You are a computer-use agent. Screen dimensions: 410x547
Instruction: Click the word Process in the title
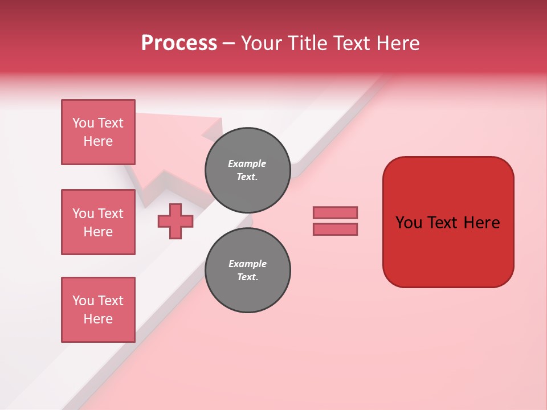(x=179, y=43)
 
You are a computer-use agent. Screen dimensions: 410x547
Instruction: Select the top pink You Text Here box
(x=98, y=132)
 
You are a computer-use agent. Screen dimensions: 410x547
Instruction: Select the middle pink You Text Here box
(x=98, y=222)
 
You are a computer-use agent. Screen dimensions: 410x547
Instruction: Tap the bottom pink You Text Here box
(x=98, y=310)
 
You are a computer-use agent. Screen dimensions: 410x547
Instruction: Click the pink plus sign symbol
(x=175, y=221)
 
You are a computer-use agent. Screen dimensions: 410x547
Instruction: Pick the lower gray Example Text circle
(x=247, y=270)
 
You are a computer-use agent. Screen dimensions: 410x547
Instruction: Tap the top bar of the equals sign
(x=335, y=213)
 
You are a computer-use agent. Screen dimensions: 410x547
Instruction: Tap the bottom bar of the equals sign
(x=335, y=229)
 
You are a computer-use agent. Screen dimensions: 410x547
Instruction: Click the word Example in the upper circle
(x=247, y=163)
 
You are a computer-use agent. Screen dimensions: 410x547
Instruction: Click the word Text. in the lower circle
(x=247, y=277)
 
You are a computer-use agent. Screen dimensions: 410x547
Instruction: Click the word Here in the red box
(x=481, y=223)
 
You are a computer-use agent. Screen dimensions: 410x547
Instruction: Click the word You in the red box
(x=409, y=223)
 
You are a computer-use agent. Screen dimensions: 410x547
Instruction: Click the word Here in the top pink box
(x=98, y=141)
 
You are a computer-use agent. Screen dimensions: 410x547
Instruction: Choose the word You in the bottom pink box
(x=83, y=301)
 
